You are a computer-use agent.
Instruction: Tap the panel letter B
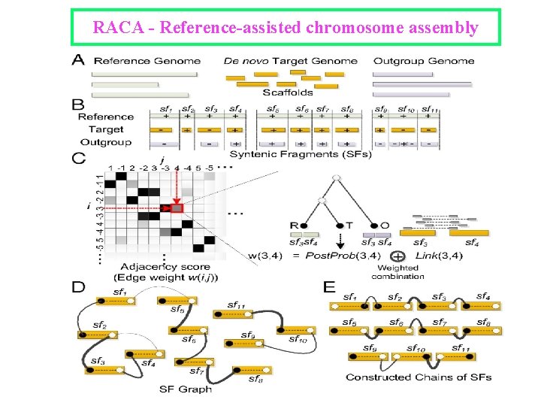(78, 105)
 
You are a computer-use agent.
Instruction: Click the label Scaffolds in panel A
(288, 92)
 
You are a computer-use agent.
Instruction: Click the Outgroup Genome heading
(424, 61)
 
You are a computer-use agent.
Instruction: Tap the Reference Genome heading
(147, 61)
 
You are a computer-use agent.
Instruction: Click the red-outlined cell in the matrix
(177, 207)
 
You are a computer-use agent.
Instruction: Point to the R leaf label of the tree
(295, 225)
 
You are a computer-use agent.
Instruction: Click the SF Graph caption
(186, 389)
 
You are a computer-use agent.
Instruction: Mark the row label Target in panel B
(106, 129)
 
